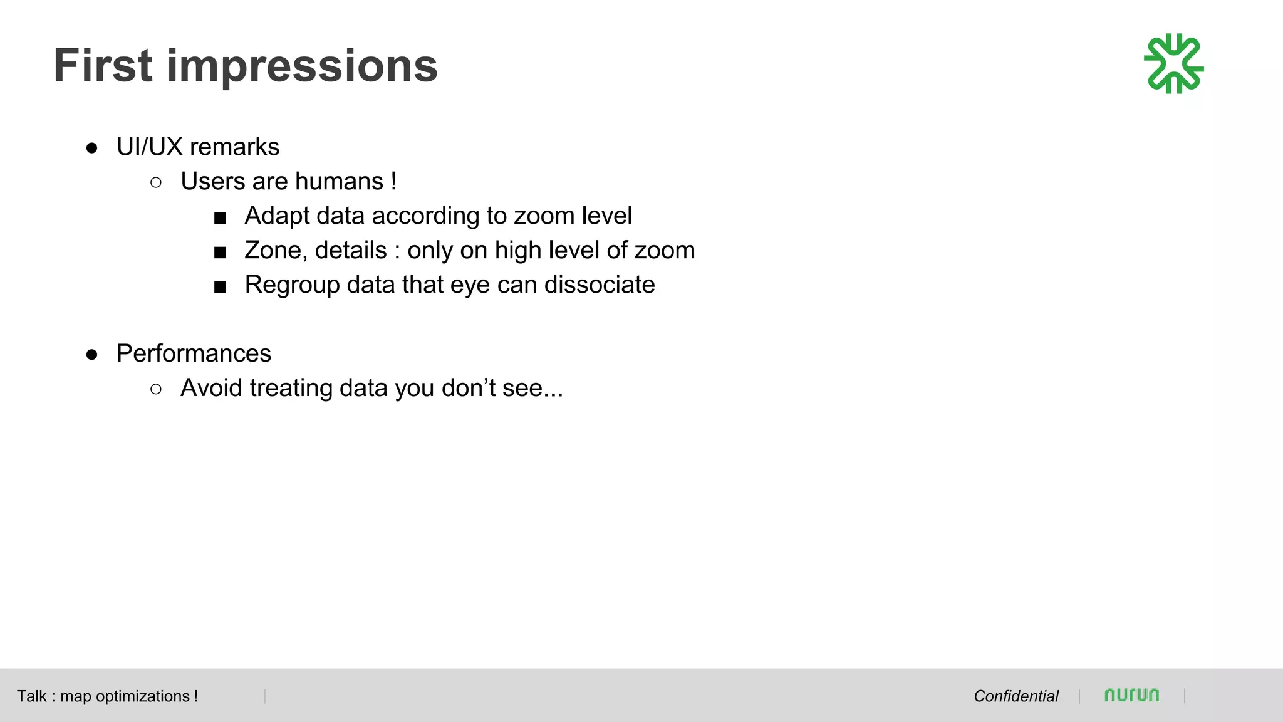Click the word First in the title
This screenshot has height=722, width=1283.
click(x=103, y=66)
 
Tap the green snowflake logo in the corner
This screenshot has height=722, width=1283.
click(x=1173, y=64)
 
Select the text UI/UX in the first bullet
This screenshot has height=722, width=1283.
click(x=149, y=147)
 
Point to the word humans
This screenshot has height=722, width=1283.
click(x=339, y=182)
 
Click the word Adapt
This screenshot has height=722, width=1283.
click(x=278, y=216)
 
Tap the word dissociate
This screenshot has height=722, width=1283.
click(x=600, y=285)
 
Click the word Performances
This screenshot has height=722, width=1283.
click(x=194, y=354)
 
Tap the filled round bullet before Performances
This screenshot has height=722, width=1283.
click(x=92, y=355)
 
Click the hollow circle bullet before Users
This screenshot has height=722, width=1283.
click(x=156, y=182)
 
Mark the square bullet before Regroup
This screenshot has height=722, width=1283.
click(x=220, y=287)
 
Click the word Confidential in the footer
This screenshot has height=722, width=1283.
click(x=1015, y=696)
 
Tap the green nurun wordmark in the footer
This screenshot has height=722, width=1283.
click(x=1131, y=695)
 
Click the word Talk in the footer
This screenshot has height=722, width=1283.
click(x=31, y=696)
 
